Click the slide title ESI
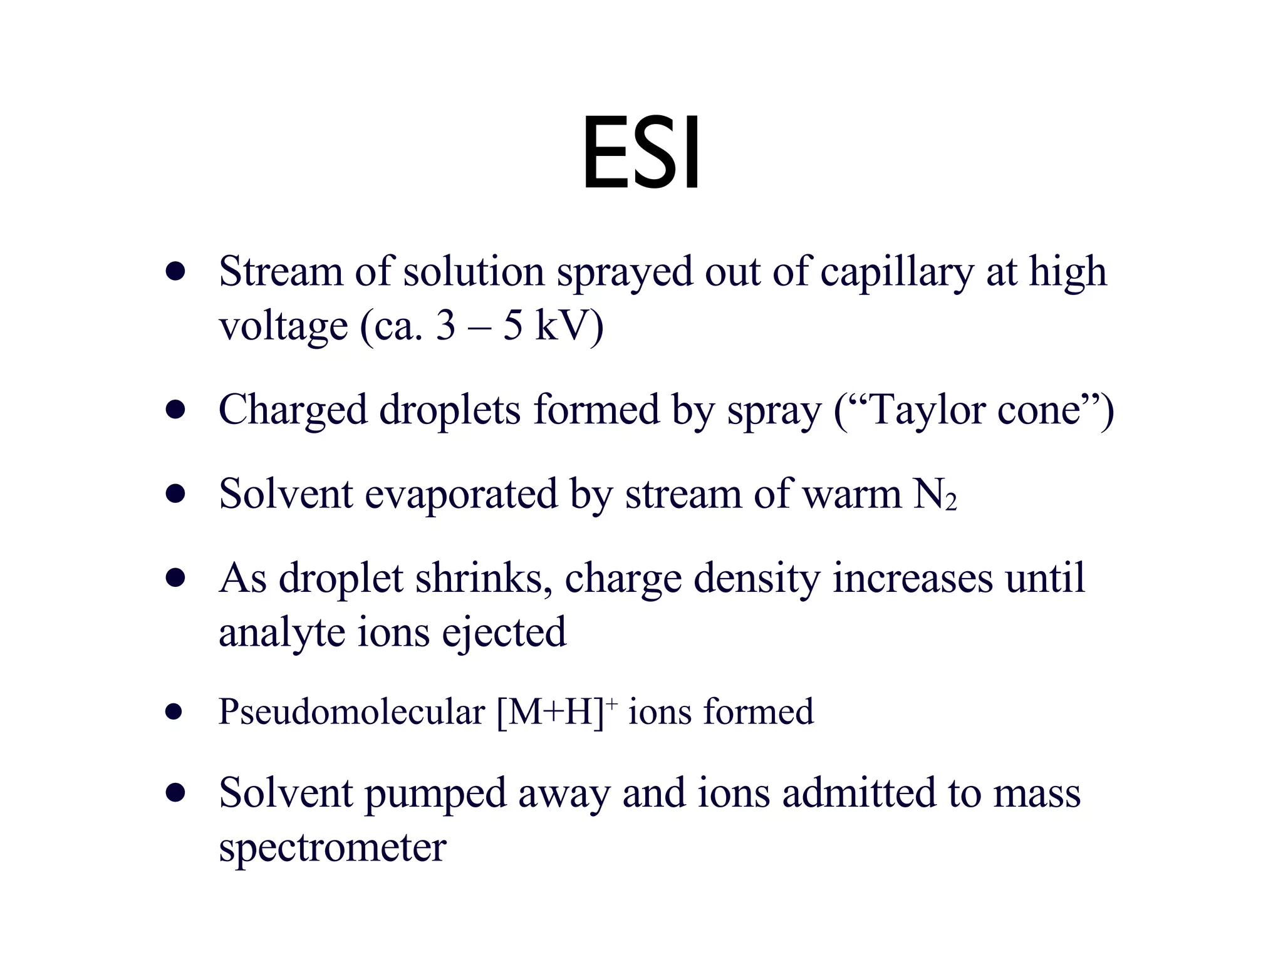pos(641,153)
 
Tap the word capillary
pos(896,273)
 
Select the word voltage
pos(283,327)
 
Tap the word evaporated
pos(460,495)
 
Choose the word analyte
pos(282,633)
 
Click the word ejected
pos(504,633)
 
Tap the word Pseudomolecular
pos(351,712)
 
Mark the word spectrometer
pos(333,848)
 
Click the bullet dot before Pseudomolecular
pos(174,712)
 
